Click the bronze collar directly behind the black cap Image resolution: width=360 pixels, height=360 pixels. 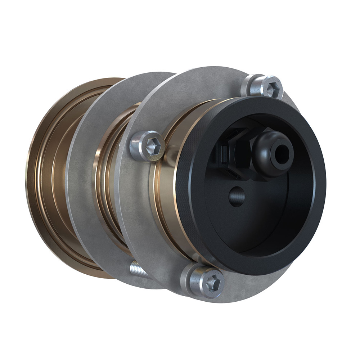166,202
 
